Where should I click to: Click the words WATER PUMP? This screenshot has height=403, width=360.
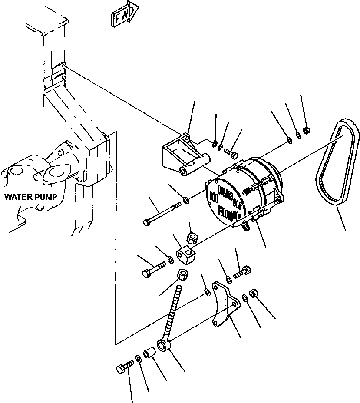30,197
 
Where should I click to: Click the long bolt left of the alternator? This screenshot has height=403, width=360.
162,214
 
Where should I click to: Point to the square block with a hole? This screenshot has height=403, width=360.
186,254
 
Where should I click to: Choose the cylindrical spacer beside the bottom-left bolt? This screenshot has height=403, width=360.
149,353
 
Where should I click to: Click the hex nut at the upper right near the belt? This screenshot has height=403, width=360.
306,130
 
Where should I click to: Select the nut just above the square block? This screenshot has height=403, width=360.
191,238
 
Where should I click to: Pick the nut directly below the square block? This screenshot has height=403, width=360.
182,275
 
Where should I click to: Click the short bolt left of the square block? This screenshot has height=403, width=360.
154,269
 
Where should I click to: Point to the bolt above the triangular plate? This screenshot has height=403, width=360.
242,272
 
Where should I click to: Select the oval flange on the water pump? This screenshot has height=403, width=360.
56,175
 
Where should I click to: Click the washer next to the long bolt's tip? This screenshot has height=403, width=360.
186,199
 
